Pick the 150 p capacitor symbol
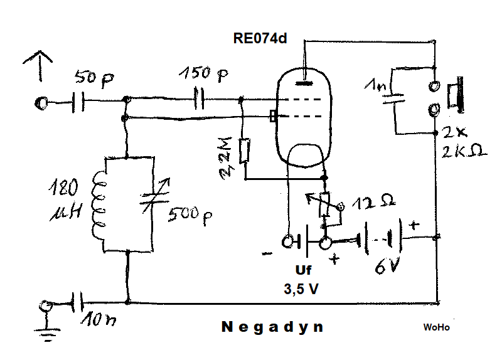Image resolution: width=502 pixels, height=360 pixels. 200,99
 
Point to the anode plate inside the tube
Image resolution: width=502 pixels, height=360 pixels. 305,81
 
